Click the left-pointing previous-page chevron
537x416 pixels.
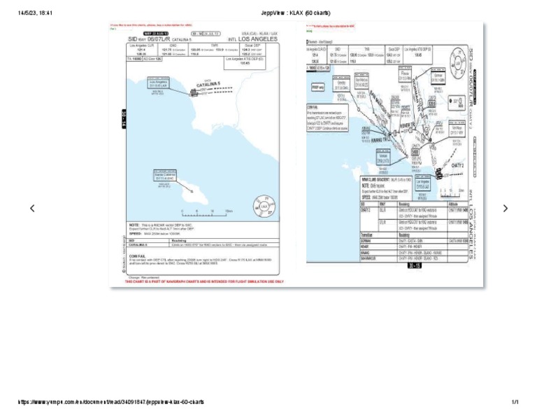(x=31, y=208)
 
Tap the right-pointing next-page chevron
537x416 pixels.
(x=506, y=208)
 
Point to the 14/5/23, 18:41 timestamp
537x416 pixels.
(x=35, y=13)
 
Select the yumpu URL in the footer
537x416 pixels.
(x=111, y=402)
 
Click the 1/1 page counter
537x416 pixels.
(x=515, y=402)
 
